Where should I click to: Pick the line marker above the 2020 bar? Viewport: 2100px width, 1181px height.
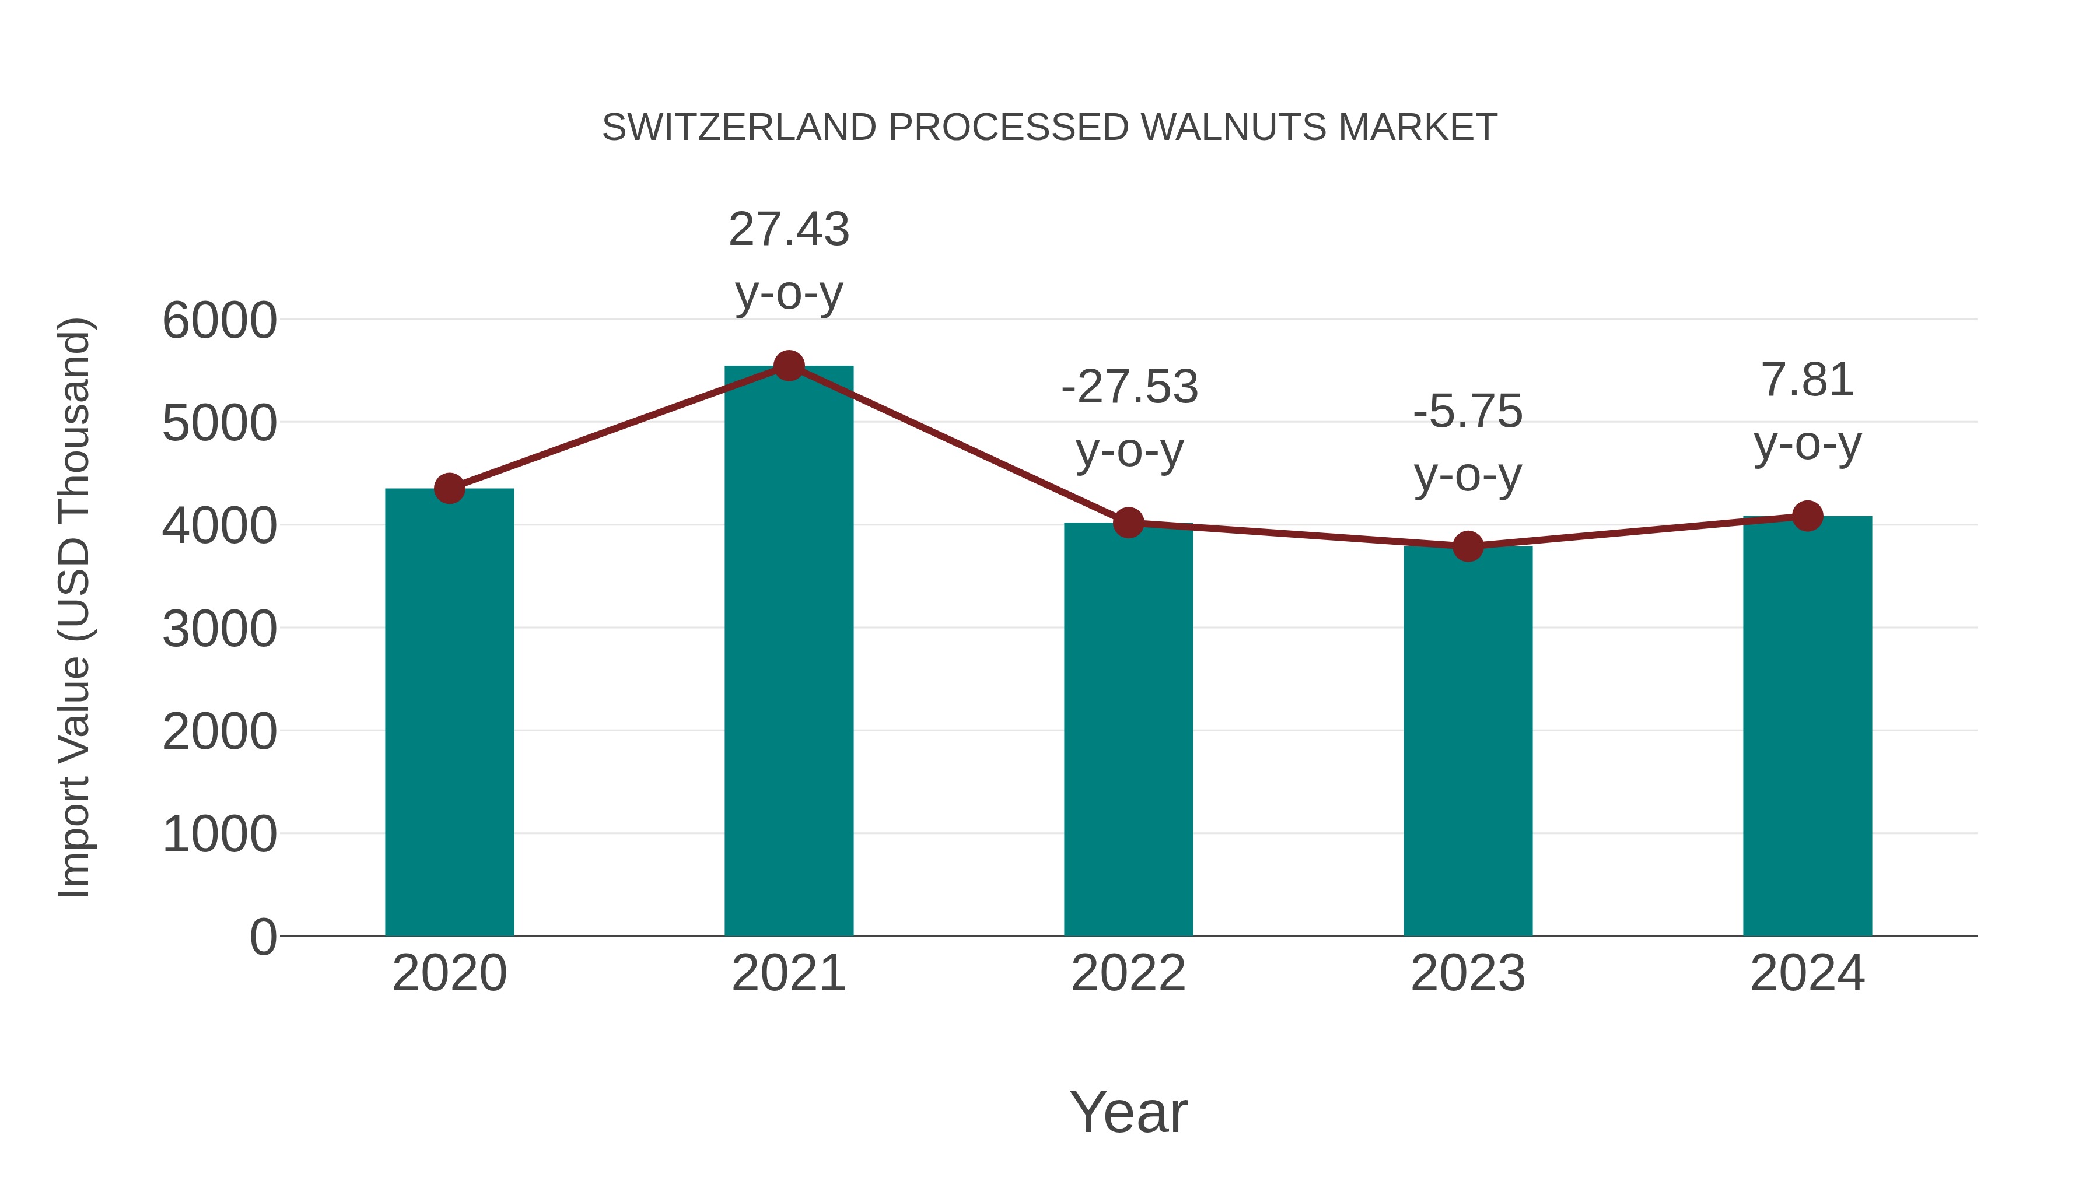coord(449,489)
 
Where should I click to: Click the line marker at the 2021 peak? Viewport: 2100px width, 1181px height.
coord(788,366)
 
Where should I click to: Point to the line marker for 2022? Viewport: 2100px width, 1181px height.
coord(1128,523)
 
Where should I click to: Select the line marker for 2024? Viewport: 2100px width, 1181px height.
coord(1807,516)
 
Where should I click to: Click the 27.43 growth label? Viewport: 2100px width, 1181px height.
coord(788,229)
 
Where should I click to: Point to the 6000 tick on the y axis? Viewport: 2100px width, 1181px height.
coord(219,320)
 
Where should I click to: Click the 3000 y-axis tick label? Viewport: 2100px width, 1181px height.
coord(219,629)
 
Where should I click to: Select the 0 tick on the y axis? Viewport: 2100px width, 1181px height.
coord(262,937)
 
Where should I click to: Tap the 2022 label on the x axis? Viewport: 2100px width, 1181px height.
coord(1128,973)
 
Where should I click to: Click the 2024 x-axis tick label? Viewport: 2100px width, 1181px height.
coord(1807,973)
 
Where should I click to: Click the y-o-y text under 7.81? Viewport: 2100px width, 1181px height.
coord(1807,445)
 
